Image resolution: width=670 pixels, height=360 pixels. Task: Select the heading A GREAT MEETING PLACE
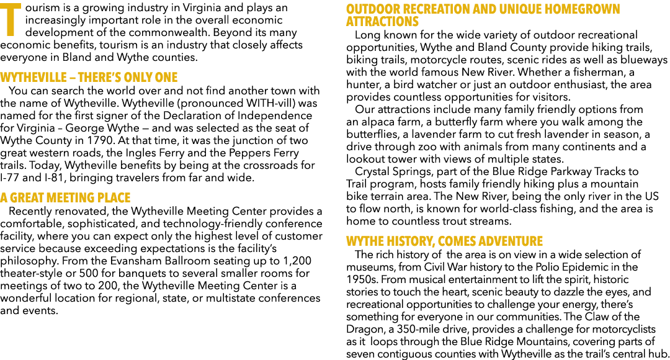[x=65, y=198]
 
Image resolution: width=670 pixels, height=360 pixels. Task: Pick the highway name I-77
[x=9, y=178]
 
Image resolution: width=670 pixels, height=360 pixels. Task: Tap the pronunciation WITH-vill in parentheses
[x=270, y=104]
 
